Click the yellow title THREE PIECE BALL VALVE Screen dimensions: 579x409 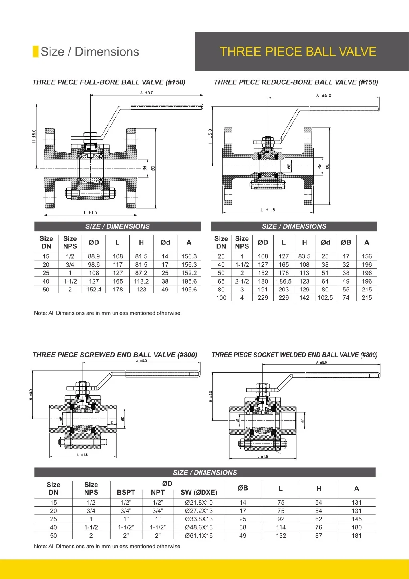(x=298, y=52)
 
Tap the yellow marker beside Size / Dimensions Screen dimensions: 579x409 (x=36, y=52)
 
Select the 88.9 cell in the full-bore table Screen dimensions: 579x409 (x=94, y=256)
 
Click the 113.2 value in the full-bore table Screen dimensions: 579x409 (x=141, y=281)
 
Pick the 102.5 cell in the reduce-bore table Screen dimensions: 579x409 (x=325, y=298)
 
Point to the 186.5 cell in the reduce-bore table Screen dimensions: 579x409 (x=284, y=281)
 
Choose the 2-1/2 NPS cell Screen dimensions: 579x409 (x=242, y=281)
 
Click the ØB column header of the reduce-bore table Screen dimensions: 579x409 (x=346, y=242)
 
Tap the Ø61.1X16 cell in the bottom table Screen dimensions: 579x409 (x=199, y=536)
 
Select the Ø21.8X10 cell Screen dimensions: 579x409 (x=199, y=503)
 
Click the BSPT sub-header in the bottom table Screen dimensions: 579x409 (x=126, y=493)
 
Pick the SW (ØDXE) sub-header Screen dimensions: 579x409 (x=199, y=493)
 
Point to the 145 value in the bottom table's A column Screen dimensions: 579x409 (x=357, y=519)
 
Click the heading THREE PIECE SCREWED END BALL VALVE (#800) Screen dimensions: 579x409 (x=115, y=355)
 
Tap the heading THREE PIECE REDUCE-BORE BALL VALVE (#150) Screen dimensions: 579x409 (x=296, y=82)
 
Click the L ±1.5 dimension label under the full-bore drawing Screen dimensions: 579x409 (x=90, y=213)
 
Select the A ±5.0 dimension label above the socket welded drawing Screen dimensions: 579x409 (x=322, y=363)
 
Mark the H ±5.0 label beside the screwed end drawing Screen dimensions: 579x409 (x=31, y=395)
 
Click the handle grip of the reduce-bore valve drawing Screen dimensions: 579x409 (x=344, y=109)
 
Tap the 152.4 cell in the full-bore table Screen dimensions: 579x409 (x=94, y=289)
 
